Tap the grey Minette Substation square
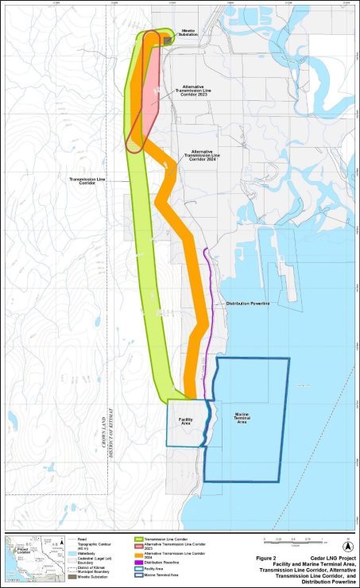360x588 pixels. pos(168,39)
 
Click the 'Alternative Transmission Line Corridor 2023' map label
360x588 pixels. pos(195,91)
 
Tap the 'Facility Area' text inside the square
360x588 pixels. pos(186,421)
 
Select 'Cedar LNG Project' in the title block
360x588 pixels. pos(327,559)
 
